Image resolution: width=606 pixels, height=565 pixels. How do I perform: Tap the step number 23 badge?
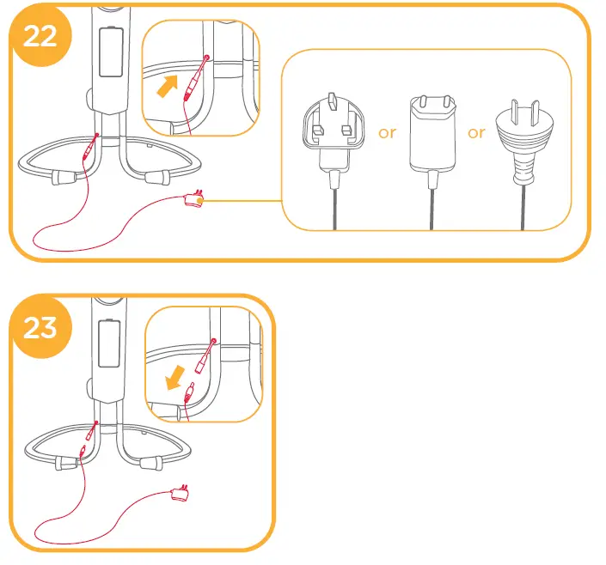40,327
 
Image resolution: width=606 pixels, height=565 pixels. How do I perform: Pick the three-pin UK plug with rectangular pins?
331,138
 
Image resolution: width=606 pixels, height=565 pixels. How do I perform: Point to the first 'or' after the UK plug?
388,133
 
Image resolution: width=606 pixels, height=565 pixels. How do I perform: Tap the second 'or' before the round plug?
476,133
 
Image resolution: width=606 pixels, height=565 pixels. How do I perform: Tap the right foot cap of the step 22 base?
156,177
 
